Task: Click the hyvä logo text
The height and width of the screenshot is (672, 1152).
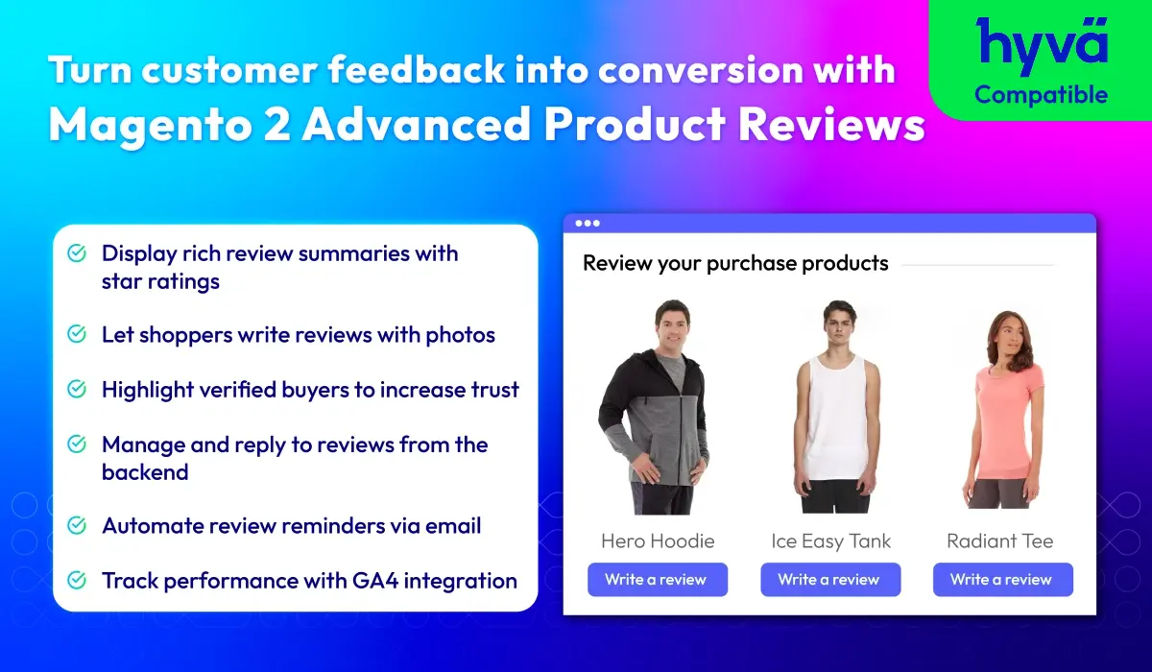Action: [x=1042, y=45]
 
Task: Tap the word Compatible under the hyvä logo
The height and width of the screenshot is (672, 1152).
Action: [x=1042, y=95]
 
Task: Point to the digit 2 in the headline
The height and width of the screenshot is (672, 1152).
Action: [x=276, y=124]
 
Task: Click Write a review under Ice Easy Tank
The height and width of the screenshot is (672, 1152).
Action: [x=830, y=580]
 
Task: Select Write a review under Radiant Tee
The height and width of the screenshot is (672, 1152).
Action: [x=1003, y=580]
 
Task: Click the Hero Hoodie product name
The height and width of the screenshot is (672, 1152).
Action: [x=658, y=540]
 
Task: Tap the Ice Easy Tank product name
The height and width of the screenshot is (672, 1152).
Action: [x=830, y=541]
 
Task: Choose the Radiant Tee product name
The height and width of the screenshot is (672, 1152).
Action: [x=999, y=540]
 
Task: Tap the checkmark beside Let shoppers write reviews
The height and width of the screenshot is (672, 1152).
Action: [x=77, y=334]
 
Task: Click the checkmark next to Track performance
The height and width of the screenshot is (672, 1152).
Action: [x=77, y=580]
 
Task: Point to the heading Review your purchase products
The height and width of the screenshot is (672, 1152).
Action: [x=735, y=264]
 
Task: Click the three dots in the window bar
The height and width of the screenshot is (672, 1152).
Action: [x=588, y=223]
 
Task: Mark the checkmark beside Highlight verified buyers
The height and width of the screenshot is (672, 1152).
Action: [x=77, y=389]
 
